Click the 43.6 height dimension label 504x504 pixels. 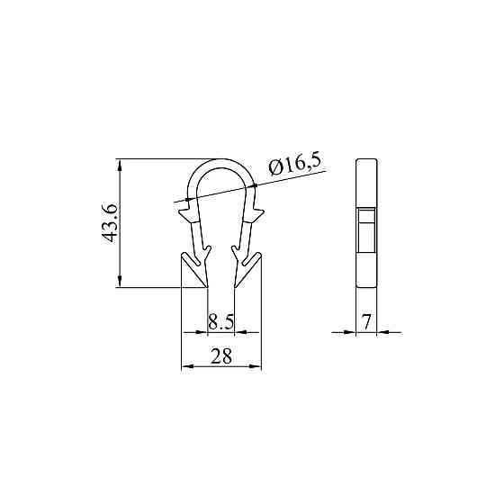[110, 223]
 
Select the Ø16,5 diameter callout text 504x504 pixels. [295, 166]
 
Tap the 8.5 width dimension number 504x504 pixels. [220, 322]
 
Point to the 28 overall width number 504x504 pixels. [221, 356]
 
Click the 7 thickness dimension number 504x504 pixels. [366, 322]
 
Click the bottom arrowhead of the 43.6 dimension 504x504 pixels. [120, 281]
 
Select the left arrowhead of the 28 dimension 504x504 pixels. [188, 366]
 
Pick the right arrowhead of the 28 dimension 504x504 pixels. [256, 366]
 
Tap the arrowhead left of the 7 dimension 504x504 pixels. [350, 332]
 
